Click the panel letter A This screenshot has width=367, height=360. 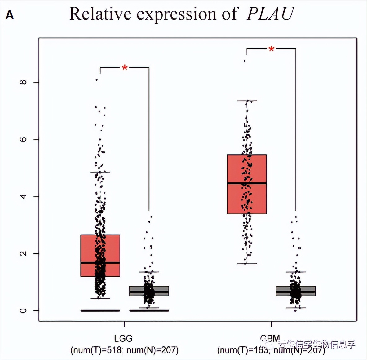point(10,15)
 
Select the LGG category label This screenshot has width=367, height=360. point(123,338)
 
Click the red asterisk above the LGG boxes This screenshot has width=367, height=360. point(125,68)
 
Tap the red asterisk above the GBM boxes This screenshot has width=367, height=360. point(272,49)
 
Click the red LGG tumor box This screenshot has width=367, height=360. point(90,248)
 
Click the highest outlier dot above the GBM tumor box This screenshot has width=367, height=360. point(245,61)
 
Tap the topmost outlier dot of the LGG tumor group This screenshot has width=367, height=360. point(97,80)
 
